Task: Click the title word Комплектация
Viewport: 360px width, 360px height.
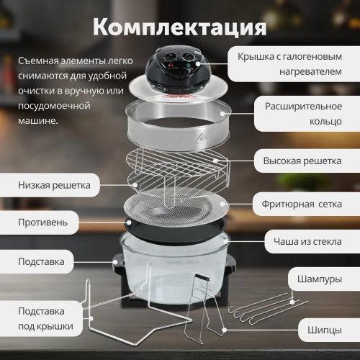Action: (180, 27)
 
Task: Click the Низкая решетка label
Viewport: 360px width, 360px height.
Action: (54, 184)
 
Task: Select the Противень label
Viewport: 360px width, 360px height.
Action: (43, 222)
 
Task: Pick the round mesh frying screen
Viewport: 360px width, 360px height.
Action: (176, 204)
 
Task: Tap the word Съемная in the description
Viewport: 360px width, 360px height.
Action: (40, 62)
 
